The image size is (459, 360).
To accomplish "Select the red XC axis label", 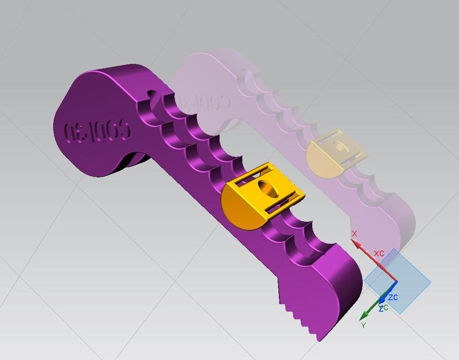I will pos(379,253).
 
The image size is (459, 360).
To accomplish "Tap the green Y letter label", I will pos(363,326).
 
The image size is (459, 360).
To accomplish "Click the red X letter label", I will pos(354,234).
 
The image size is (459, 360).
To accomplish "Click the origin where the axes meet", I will pos(396,281).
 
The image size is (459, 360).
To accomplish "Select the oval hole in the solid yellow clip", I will pos(268,187).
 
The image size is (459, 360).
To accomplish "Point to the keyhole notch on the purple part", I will pos(152,95).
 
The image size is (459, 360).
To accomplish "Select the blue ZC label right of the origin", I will pos(393,297).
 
